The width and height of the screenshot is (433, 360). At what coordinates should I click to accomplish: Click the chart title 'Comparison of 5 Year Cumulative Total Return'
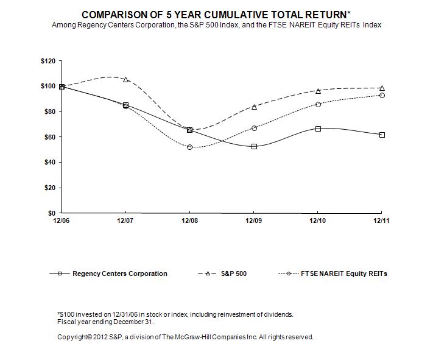pyautogui.click(x=216, y=13)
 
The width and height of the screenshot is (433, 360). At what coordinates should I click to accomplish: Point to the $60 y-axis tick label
pyautogui.click(x=48, y=137)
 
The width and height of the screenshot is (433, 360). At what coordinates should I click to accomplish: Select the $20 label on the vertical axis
pyautogui.click(x=48, y=188)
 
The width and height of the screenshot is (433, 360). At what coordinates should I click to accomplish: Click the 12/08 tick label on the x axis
pyautogui.click(x=189, y=221)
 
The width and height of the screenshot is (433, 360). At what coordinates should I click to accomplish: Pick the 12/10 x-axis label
pyautogui.click(x=317, y=221)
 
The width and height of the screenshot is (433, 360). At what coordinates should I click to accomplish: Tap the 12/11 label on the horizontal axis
pyautogui.click(x=381, y=221)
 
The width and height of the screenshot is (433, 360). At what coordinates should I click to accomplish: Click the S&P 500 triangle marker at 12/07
pyautogui.click(x=125, y=79)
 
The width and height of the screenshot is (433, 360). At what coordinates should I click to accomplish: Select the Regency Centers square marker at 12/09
pyautogui.click(x=254, y=146)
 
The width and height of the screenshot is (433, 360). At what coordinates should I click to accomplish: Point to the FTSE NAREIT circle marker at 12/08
pyautogui.click(x=190, y=147)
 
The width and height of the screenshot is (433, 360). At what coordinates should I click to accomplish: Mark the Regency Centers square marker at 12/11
pyautogui.click(x=382, y=135)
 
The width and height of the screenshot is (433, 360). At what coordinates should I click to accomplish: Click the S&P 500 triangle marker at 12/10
pyautogui.click(x=318, y=91)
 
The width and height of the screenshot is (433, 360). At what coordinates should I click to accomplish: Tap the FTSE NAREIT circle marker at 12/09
pyautogui.click(x=254, y=128)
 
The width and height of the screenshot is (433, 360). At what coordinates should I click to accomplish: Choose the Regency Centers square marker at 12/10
pyautogui.click(x=318, y=129)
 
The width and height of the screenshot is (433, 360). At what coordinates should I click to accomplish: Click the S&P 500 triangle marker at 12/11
pyautogui.click(x=382, y=88)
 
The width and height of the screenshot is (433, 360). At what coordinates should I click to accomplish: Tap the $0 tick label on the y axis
pyautogui.click(x=51, y=213)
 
